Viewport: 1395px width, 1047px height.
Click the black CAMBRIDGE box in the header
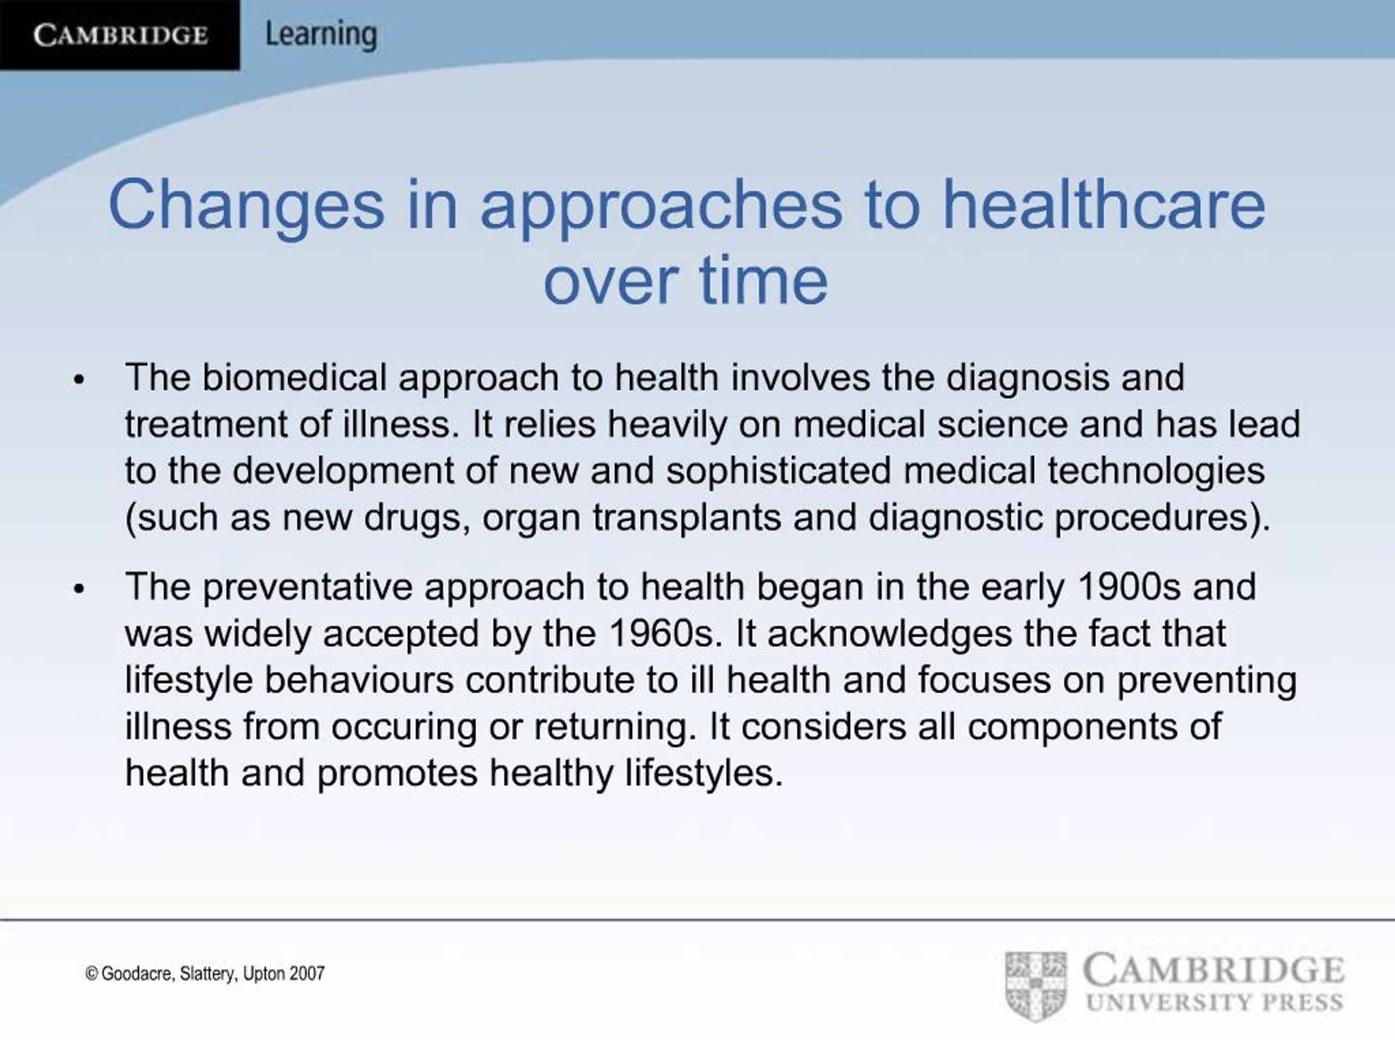tap(120, 35)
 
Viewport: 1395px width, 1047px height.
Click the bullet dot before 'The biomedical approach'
tap(79, 380)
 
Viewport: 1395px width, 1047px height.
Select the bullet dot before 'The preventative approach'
tap(79, 589)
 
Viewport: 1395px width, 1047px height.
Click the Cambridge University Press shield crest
tap(1036, 986)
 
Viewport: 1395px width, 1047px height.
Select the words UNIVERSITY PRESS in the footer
tap(1214, 1003)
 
